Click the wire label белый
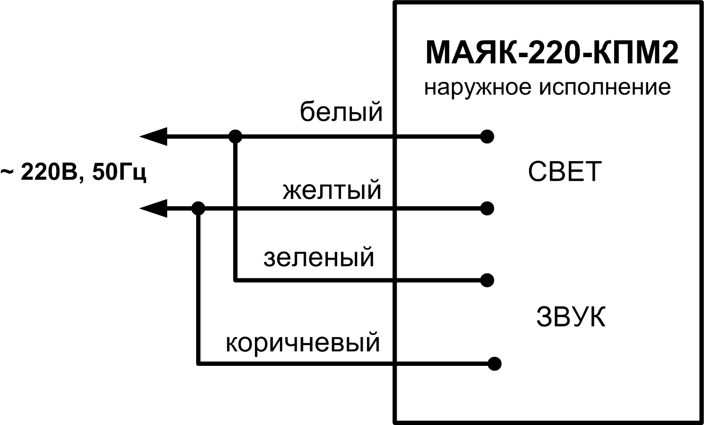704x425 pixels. [x=341, y=112]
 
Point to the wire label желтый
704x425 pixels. [x=332, y=190]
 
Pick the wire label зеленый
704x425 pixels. [x=319, y=257]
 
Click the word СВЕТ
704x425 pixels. [x=565, y=171]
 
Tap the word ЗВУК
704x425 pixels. [x=570, y=317]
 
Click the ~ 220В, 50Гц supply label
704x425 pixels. [x=73, y=173]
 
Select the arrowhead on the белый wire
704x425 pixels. [x=153, y=137]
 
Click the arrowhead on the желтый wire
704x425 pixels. [x=153, y=209]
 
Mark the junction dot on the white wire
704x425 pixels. [x=235, y=137]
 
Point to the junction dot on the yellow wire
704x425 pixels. [x=198, y=209]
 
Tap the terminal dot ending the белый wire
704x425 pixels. [x=487, y=137]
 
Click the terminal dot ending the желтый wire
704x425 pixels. [x=487, y=209]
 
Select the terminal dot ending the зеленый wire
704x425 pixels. [x=487, y=280]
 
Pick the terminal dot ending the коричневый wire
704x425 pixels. [x=494, y=363]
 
